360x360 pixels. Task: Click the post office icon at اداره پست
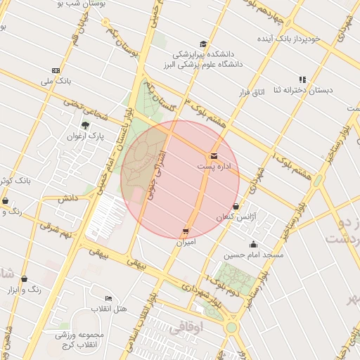(x=213, y=155)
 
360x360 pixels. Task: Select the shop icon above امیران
(x=186, y=231)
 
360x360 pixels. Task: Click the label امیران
(x=186, y=242)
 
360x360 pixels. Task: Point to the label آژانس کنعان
(x=233, y=218)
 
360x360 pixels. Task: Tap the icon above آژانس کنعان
(x=236, y=207)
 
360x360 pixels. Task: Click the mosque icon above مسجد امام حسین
(x=253, y=244)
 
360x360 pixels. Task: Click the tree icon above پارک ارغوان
(x=86, y=125)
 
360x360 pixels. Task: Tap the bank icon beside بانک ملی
(x=56, y=70)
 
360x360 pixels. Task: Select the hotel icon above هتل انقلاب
(x=108, y=298)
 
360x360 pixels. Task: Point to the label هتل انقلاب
(x=110, y=309)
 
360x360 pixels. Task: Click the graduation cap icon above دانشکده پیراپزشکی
(x=203, y=44)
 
